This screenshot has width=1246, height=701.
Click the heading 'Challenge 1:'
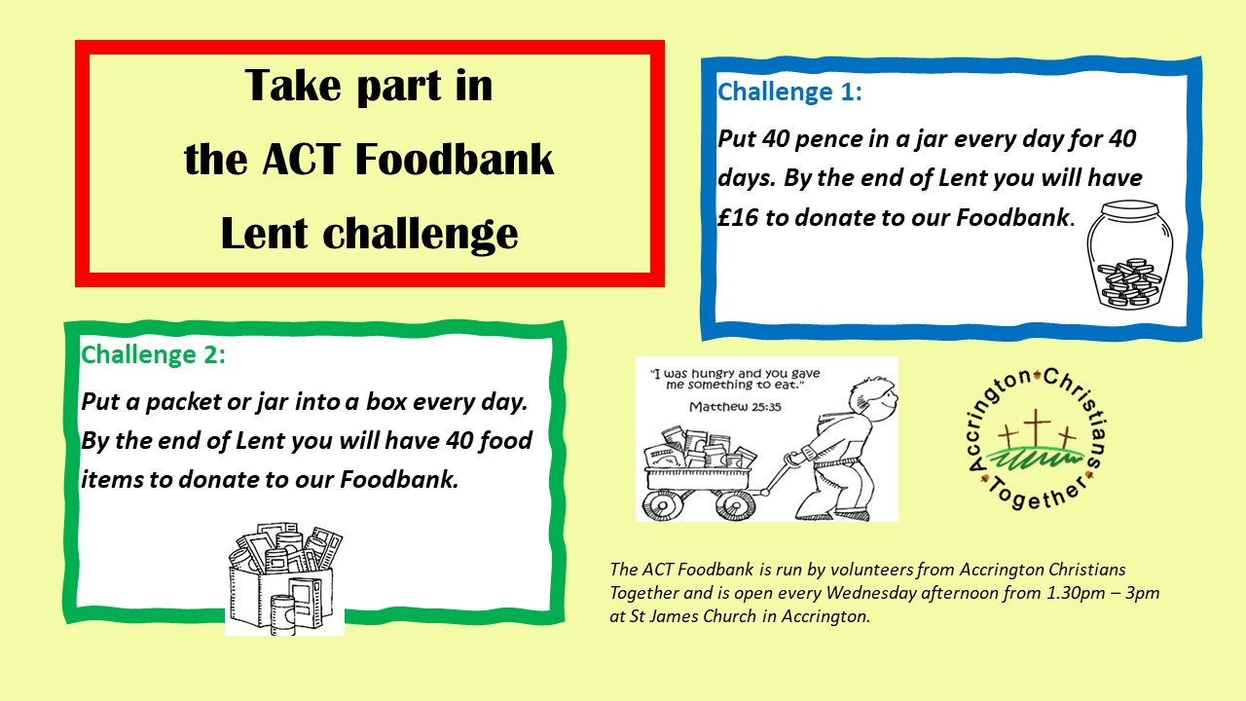[789, 92]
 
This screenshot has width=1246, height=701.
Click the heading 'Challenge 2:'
[154, 355]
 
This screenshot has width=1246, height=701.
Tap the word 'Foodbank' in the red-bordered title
[454, 160]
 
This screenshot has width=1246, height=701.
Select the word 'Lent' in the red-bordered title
[264, 234]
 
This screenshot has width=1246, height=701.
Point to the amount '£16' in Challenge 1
[738, 217]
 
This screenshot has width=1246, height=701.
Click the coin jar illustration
[1130, 254]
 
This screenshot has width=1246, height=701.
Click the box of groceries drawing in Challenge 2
[285, 578]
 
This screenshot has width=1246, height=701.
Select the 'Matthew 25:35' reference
[735, 407]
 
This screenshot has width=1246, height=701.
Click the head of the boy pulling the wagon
[872, 397]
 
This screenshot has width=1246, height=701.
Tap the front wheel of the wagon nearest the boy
[735, 504]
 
